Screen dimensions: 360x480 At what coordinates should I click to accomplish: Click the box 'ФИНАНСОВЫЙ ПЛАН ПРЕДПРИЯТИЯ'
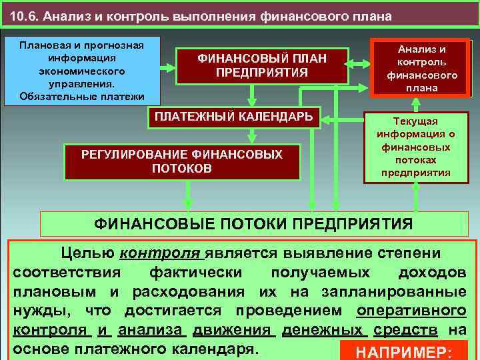(262, 65)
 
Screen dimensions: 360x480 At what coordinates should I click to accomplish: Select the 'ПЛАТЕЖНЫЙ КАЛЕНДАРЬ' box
(233, 117)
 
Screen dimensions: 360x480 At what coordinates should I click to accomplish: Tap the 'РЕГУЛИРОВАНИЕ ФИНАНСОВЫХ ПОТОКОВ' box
(181, 161)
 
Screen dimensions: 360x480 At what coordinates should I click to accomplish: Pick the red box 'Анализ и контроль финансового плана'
(421, 69)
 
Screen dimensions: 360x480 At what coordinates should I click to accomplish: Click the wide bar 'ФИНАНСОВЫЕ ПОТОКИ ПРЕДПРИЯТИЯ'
(253, 223)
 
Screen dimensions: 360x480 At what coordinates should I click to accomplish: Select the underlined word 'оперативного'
(411, 311)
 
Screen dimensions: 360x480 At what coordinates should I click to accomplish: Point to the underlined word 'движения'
(233, 330)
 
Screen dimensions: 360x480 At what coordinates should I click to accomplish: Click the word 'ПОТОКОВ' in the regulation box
(181, 169)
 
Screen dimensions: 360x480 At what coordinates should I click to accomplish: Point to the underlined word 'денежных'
(323, 330)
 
